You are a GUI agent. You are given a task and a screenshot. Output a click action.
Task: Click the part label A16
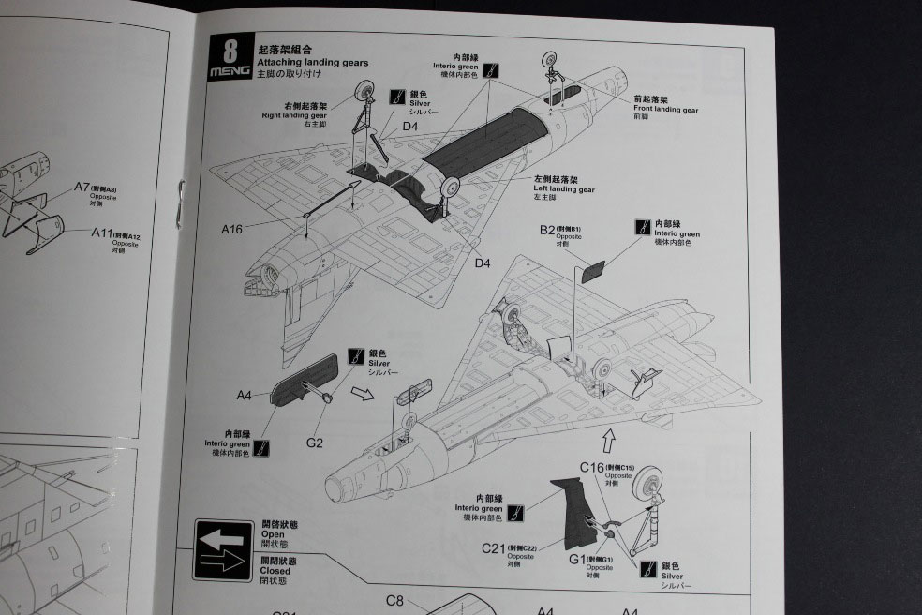pos(232,229)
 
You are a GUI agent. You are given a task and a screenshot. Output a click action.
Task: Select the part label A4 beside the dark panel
pos(245,396)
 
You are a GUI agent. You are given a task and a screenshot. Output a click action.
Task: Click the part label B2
pos(548,230)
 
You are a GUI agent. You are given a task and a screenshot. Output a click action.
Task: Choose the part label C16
pos(592,467)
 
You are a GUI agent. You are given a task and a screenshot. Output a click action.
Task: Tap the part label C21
pos(494,547)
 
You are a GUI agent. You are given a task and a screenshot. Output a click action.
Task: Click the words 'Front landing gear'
pos(664,110)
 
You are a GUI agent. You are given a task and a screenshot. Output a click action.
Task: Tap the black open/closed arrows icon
pos(223,551)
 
